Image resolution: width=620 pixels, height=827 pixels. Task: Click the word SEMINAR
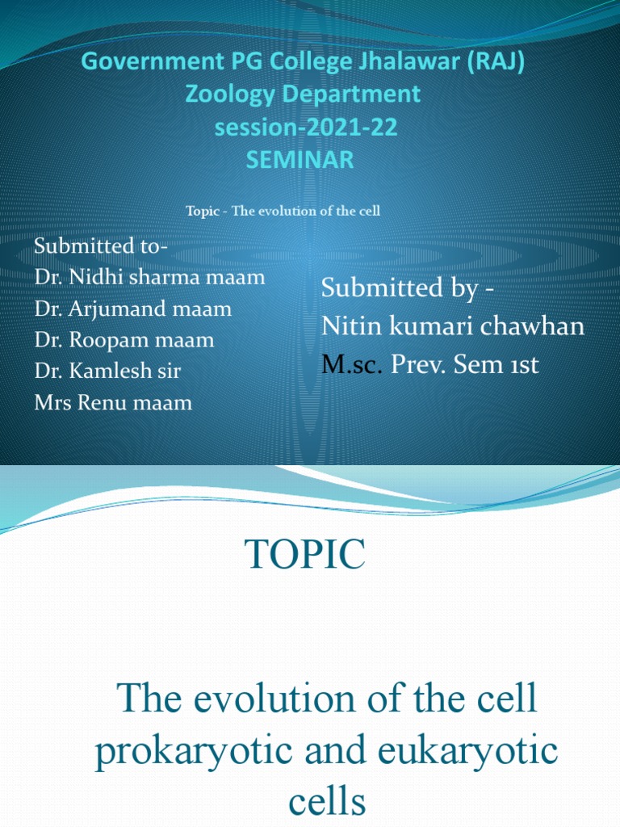(300, 160)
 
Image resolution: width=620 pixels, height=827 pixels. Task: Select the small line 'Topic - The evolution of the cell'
(283, 211)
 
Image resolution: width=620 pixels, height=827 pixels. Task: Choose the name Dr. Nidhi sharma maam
(149, 277)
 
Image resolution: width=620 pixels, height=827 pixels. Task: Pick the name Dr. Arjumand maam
(133, 309)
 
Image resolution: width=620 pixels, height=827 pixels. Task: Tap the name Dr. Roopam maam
(124, 340)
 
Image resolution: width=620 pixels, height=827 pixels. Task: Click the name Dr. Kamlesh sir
(107, 372)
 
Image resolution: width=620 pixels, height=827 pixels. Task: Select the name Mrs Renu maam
(113, 402)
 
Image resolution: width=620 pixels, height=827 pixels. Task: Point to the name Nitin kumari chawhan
(453, 326)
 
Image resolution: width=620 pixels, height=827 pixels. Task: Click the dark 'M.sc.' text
(353, 365)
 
